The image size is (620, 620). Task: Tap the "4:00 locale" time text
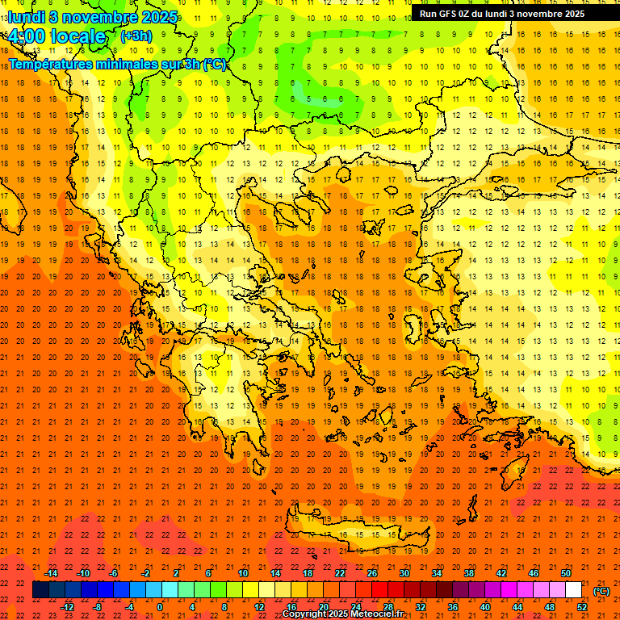(57, 36)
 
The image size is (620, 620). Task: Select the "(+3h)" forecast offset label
(135, 36)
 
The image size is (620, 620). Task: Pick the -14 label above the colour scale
(52, 573)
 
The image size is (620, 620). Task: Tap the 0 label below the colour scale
(160, 607)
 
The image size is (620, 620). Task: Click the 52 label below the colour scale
(581, 607)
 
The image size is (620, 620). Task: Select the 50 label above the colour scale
(566, 573)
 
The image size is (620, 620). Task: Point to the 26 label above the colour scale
(372, 573)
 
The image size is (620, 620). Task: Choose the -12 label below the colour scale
(68, 607)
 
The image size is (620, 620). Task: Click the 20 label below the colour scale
(323, 607)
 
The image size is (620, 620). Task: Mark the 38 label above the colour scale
(469, 573)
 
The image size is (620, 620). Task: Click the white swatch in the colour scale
(574, 590)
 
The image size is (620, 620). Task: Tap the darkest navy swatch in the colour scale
(40, 590)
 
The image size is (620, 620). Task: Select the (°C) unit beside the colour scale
(601, 591)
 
